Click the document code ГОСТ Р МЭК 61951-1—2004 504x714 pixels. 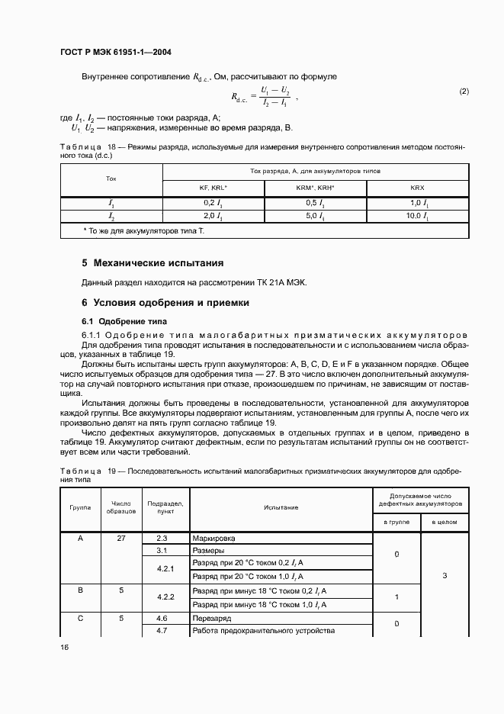[115, 52]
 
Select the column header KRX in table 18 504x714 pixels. [417, 188]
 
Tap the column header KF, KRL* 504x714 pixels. [208, 188]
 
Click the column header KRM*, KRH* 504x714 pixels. [315, 188]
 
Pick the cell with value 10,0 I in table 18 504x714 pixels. [417, 217]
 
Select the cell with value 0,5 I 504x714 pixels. [315, 203]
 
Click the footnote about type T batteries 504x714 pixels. [144, 230]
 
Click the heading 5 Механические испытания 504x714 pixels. [152, 263]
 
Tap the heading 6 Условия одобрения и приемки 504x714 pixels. [165, 303]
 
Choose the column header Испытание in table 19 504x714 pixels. [281, 507]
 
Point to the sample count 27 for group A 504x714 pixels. [121, 539]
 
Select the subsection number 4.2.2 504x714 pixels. [165, 597]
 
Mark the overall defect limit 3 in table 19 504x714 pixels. [444, 576]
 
